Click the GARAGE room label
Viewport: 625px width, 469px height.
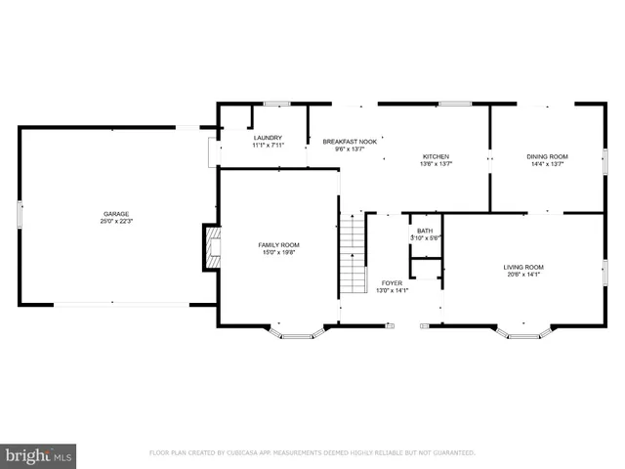pyautogui.click(x=117, y=214)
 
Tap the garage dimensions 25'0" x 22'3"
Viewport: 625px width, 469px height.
pyautogui.click(x=117, y=222)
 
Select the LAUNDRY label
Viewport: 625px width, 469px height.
pyautogui.click(x=268, y=138)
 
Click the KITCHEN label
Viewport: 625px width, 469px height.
pyautogui.click(x=436, y=156)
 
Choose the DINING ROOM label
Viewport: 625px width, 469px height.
pyautogui.click(x=547, y=156)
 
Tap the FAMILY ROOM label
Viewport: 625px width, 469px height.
pyautogui.click(x=278, y=244)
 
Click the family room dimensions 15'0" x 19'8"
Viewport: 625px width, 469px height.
pyautogui.click(x=278, y=252)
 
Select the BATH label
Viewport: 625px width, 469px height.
pyautogui.click(x=425, y=231)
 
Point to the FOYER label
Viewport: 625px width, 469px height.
pyautogui.click(x=392, y=282)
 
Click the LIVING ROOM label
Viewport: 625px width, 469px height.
pyautogui.click(x=523, y=267)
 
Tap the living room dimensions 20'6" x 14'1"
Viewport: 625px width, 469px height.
pyautogui.click(x=523, y=275)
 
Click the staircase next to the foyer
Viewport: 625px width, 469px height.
pyautogui.click(x=353, y=256)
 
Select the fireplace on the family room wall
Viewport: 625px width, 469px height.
pyautogui.click(x=210, y=247)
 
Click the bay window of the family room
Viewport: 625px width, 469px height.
pyautogui.click(x=294, y=332)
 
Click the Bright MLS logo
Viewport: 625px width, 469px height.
pyautogui.click(x=38, y=454)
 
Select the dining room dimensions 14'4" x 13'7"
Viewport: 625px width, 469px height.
pyautogui.click(x=547, y=164)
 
